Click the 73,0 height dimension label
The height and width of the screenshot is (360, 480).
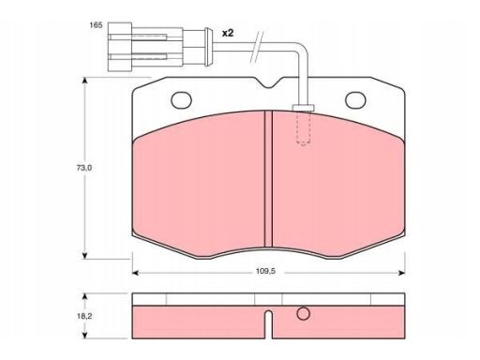tap(84, 168)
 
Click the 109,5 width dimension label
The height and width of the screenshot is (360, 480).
tap(265, 271)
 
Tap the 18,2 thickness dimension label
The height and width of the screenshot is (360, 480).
tap(84, 316)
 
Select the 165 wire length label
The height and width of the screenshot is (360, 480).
tap(96, 25)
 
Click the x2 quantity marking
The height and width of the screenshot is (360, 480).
tap(228, 33)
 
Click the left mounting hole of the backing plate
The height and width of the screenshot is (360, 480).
tap(181, 100)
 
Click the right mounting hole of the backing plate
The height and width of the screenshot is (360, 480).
tap(355, 100)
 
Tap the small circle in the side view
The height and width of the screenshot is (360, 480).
tap(303, 314)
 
